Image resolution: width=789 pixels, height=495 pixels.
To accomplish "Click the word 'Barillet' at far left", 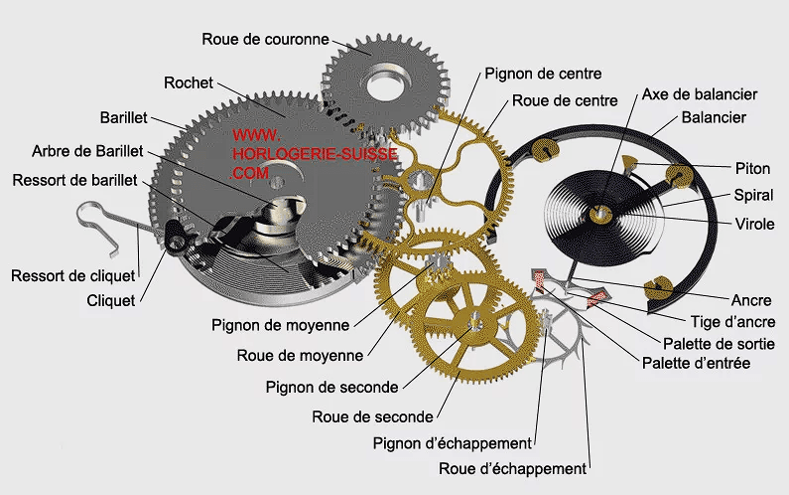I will click(123, 117).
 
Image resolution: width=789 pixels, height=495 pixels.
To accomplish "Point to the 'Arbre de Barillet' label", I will click(87, 150).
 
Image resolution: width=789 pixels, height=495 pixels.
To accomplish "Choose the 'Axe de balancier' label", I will click(700, 93).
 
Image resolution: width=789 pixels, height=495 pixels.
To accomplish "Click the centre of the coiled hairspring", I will click(600, 213).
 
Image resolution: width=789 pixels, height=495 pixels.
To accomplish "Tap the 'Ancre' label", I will click(751, 299).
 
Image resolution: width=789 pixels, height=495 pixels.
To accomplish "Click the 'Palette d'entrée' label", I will click(696, 363).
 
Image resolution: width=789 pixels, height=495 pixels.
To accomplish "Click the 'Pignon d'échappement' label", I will click(453, 442).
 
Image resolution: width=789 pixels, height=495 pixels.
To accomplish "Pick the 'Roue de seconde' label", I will click(372, 415).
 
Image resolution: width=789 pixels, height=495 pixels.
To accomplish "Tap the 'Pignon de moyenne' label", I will click(280, 324).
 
